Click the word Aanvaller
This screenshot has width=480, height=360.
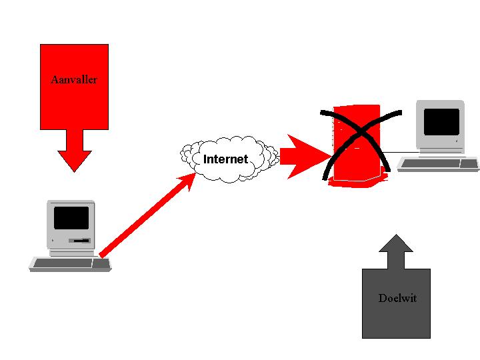pyautogui.click(x=74, y=80)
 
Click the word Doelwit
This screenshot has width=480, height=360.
pyautogui.click(x=397, y=298)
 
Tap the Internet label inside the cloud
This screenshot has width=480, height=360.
pyautogui.click(x=225, y=159)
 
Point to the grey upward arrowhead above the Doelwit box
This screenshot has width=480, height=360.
pyautogui.click(x=396, y=244)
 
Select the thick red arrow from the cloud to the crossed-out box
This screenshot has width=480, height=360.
pyautogui.click(x=303, y=157)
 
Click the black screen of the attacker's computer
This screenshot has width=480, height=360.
pyautogui.click(x=71, y=218)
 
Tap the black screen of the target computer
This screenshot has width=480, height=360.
pyautogui.click(x=441, y=122)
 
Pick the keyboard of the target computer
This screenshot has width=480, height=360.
pyautogui.click(x=437, y=163)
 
